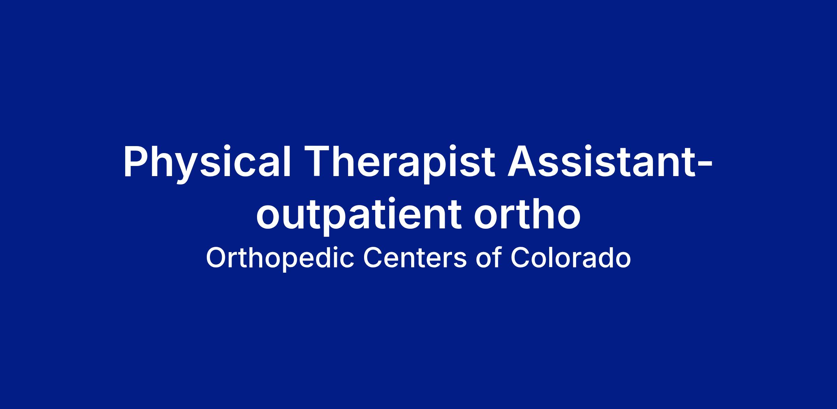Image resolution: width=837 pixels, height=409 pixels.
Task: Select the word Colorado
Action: coord(571,258)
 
